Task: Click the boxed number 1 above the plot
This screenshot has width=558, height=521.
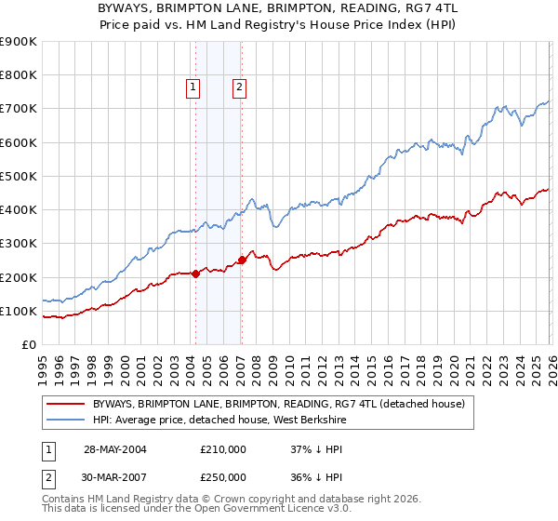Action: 193,87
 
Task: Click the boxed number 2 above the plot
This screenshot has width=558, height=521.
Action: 239,87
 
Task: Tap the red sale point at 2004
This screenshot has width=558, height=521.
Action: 195,274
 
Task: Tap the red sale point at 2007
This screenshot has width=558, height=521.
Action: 242,260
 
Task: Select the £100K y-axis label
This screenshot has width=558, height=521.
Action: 19,311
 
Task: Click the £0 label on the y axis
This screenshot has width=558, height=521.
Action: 28,344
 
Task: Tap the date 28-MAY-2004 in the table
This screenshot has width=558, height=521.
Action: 115,449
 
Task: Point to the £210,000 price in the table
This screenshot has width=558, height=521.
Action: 223,449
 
